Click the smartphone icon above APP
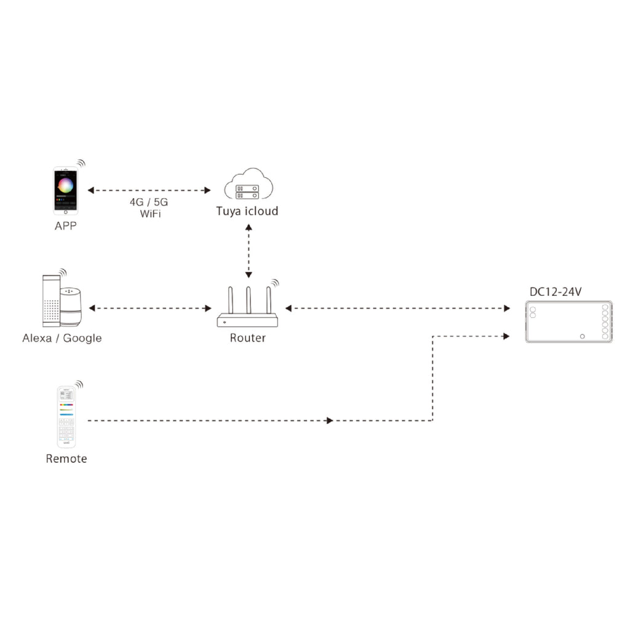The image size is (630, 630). (x=65, y=191)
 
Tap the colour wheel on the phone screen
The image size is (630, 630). (x=65, y=186)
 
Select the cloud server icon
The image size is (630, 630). (x=249, y=184)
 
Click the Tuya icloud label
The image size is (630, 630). (x=247, y=212)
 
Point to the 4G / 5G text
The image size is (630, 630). (x=149, y=202)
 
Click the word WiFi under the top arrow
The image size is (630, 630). (x=150, y=213)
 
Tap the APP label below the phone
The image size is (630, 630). (x=65, y=226)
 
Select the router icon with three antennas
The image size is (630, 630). (x=247, y=306)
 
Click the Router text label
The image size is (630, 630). (x=247, y=338)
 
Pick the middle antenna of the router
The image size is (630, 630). (x=249, y=300)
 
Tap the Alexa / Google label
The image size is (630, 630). (x=62, y=338)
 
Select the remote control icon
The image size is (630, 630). (x=66, y=417)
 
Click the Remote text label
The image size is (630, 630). (x=66, y=458)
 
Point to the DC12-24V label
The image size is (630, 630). (x=556, y=292)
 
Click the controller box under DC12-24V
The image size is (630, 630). (x=569, y=321)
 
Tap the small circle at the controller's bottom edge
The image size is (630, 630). (x=582, y=337)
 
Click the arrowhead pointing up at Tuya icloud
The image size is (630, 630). (x=249, y=228)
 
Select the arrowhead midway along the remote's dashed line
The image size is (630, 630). (x=330, y=421)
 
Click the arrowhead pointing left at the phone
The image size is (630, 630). (x=91, y=190)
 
